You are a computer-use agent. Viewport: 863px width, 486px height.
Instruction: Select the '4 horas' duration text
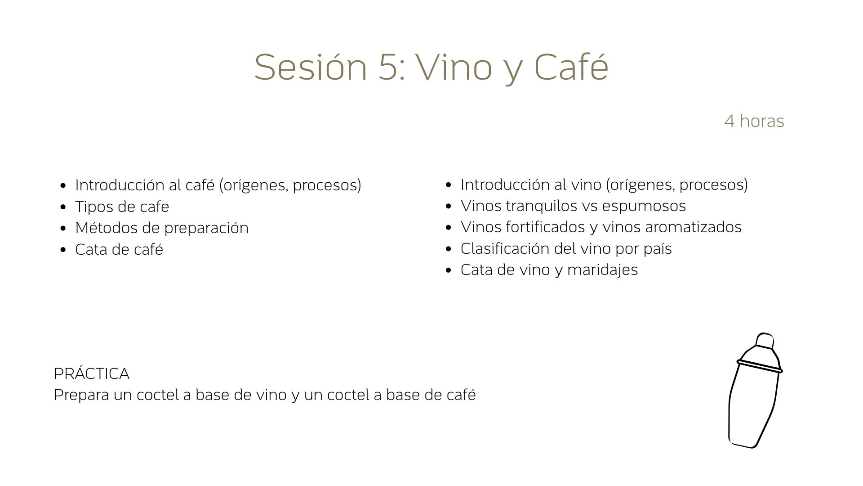coord(754,121)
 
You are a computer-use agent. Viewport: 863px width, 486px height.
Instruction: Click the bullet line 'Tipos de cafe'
coord(122,207)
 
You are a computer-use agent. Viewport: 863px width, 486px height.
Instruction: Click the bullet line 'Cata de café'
coord(119,249)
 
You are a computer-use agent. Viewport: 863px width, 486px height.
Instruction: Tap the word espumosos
coord(644,206)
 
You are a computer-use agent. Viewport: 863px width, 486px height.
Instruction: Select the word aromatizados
coord(693,227)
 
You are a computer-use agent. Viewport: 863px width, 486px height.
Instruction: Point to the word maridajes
coord(602,270)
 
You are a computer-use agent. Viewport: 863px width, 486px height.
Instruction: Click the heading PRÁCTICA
coord(91,373)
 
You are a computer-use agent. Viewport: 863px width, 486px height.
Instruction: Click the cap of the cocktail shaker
coord(765,341)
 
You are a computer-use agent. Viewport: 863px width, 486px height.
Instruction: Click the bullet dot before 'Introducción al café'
coord(63,185)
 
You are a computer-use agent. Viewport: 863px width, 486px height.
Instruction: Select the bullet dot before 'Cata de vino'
coord(449,270)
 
